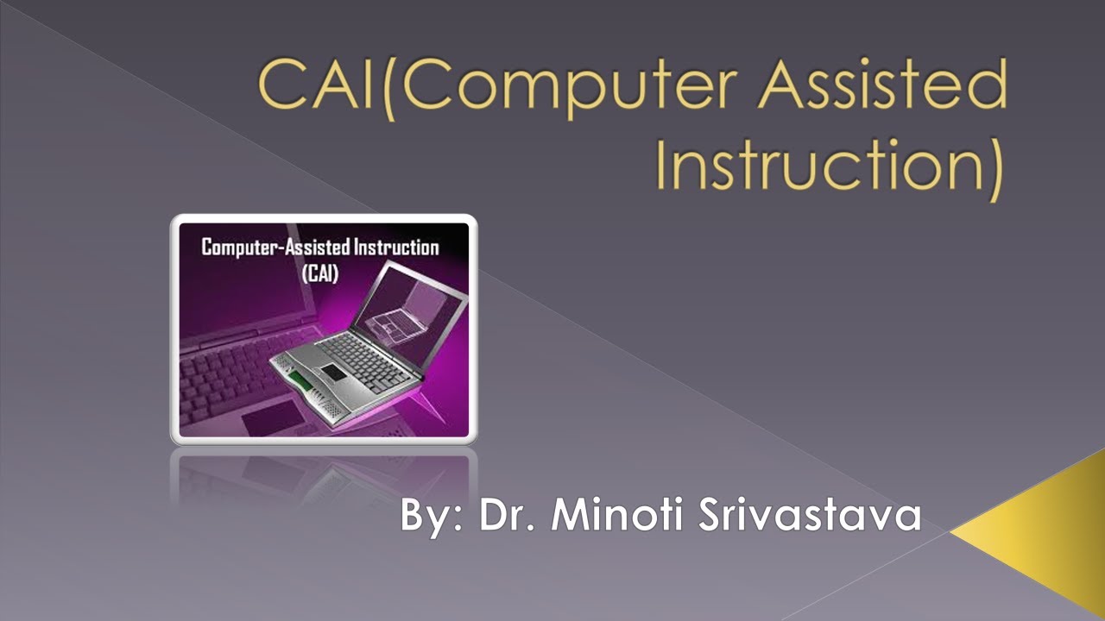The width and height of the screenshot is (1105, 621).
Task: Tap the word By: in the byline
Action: click(431, 516)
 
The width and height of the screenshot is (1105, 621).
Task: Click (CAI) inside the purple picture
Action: click(319, 274)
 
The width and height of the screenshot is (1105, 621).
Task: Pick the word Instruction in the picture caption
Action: click(395, 248)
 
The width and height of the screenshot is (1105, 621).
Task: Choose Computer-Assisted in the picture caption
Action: click(275, 248)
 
